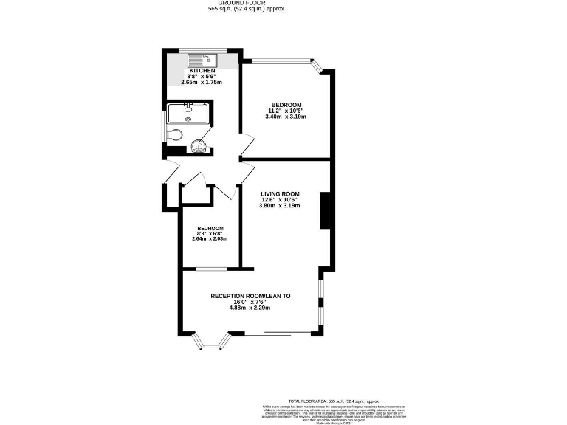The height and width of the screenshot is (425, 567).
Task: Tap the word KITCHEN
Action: pos(202,71)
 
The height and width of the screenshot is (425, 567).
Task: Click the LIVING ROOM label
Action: pos(279,193)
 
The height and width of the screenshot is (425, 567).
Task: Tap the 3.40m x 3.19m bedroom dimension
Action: pos(285,117)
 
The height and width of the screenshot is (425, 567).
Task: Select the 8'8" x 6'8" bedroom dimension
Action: pos(210,234)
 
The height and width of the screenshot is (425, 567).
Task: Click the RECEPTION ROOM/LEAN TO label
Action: pos(251,296)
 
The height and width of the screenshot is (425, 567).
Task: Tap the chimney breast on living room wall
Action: pos(323,211)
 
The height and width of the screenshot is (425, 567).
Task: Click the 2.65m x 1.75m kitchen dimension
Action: pos(202,83)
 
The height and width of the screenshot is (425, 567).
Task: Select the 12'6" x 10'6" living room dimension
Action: pos(279,200)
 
